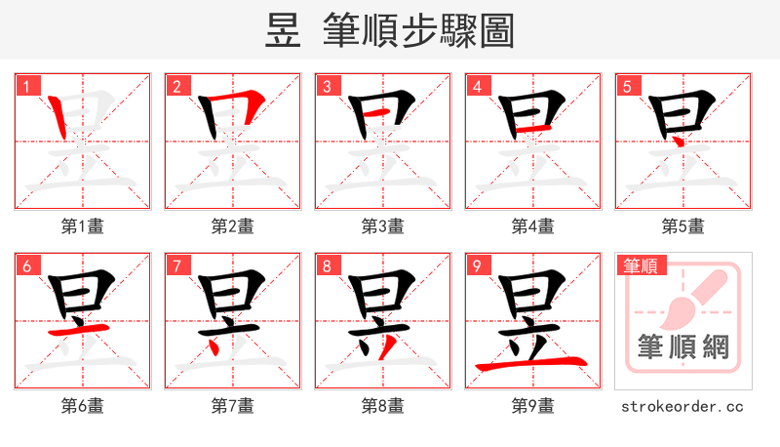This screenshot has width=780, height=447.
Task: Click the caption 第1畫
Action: [82, 226]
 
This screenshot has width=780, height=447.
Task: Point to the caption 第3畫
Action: [382, 226]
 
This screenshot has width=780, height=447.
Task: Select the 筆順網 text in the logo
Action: [682, 347]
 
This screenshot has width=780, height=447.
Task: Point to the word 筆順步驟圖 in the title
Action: [418, 31]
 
